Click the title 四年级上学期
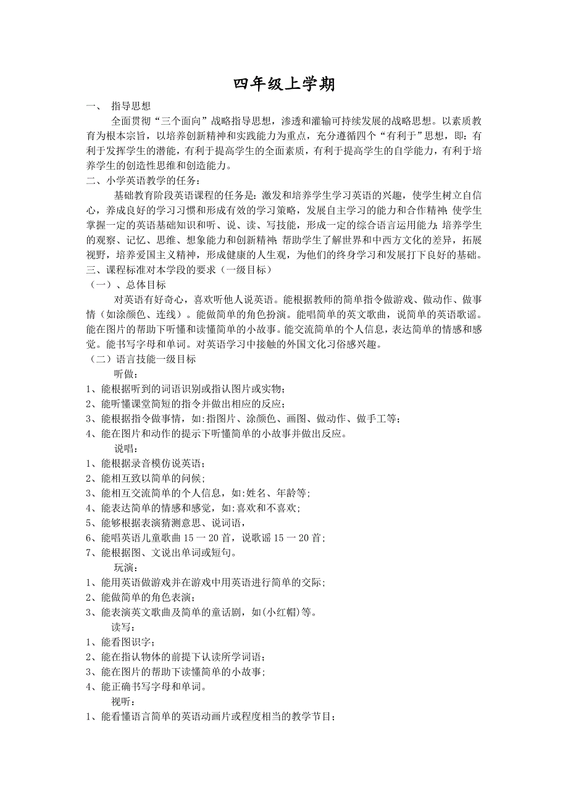pos(284,85)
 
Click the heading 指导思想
pos(130,106)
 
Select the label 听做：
pos(126,374)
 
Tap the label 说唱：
pos(126,449)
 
